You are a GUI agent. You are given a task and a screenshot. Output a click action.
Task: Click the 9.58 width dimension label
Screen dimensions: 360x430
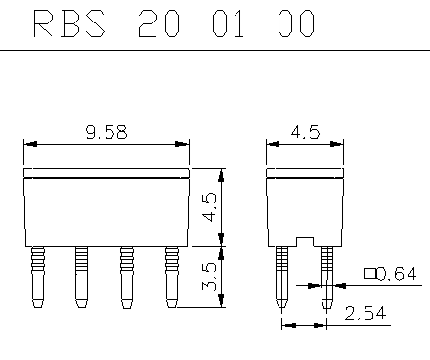107,132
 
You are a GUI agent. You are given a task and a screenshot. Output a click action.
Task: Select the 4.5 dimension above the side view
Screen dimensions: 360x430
305,132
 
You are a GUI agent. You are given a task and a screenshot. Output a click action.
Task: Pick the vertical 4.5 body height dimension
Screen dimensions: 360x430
209,206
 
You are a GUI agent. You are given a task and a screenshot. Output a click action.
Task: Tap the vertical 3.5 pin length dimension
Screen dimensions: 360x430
209,276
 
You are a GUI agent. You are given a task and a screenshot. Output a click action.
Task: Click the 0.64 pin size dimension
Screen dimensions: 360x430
398,274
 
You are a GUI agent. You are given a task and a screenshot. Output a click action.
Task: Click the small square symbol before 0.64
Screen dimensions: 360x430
368,274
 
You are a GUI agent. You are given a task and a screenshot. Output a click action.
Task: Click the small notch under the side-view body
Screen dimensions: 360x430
304,239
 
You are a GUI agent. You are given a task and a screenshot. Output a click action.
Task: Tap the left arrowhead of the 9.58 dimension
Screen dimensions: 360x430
30,144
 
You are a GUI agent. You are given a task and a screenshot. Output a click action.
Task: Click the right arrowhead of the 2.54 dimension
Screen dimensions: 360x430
322,325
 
